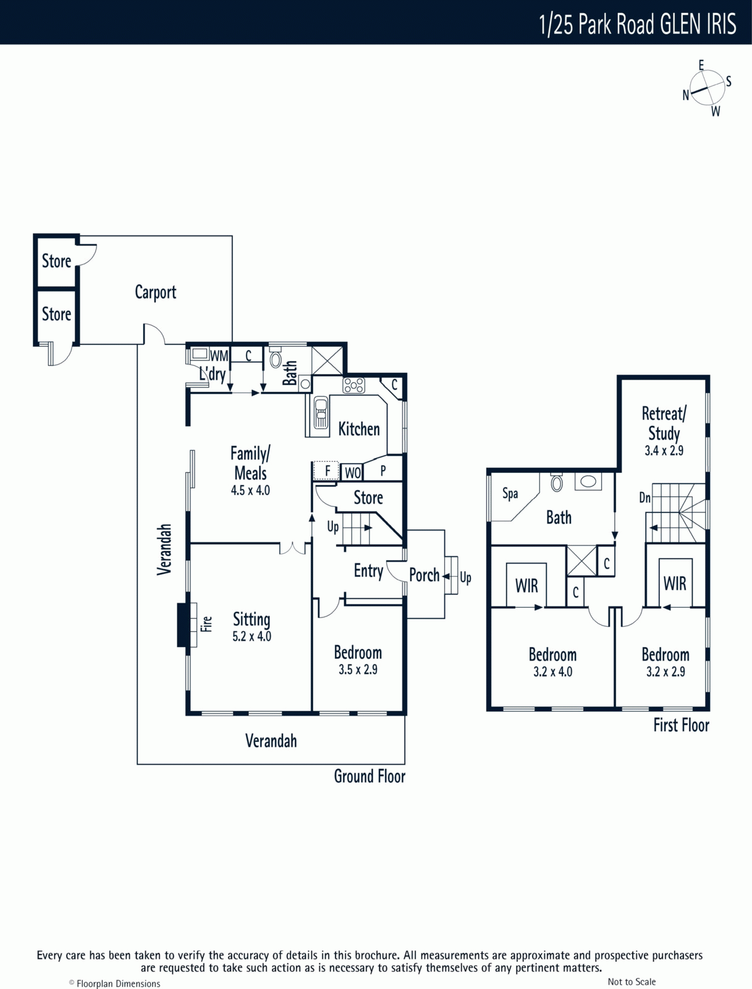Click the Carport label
pos(155,292)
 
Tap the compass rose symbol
pos(707,88)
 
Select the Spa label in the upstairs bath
pos(510,494)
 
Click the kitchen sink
pos(320,413)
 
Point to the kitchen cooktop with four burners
pos(354,386)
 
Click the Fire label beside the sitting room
pos(206,624)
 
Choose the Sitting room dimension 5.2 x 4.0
pos(251,636)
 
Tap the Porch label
pos(424,575)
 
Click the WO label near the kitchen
pos(353,473)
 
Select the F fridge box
pos(326,471)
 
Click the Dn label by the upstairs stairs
pos(645,498)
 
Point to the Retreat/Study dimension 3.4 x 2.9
pos(664,451)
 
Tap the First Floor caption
pos(682,726)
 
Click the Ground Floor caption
pos(370,776)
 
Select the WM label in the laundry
pos(219,356)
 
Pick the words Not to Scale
pos(632,978)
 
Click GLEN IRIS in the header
pos(698,24)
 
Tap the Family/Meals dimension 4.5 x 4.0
pos(250,490)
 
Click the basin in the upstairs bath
pos(588,482)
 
